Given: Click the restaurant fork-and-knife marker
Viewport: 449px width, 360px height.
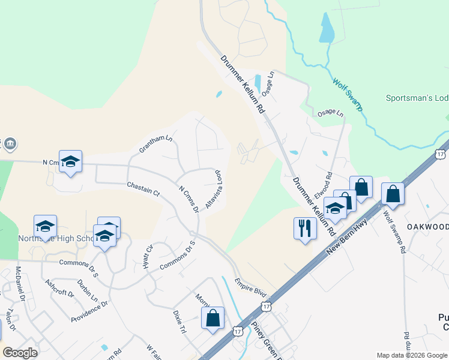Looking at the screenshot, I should coord(305,229).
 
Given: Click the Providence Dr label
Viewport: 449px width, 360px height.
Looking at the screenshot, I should coord(89,311).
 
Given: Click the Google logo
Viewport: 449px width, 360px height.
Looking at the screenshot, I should coord(20,352).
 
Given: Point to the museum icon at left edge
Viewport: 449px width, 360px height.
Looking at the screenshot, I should coord(10,145).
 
